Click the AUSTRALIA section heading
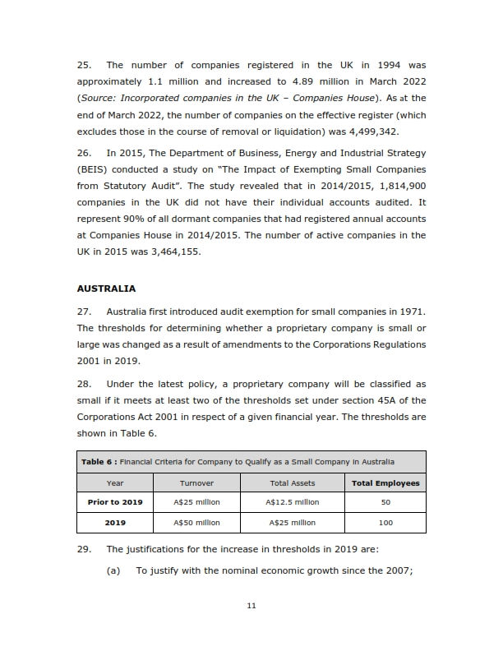106,289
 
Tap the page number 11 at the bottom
251,607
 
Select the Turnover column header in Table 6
196,483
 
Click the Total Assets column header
292,483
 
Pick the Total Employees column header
385,483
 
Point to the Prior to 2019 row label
115,502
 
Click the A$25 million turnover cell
196,502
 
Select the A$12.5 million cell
292,502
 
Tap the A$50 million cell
196,523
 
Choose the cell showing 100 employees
385,523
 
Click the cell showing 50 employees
385,502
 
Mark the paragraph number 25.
84,65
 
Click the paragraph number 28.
84,384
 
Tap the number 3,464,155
172,252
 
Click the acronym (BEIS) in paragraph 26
95,169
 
